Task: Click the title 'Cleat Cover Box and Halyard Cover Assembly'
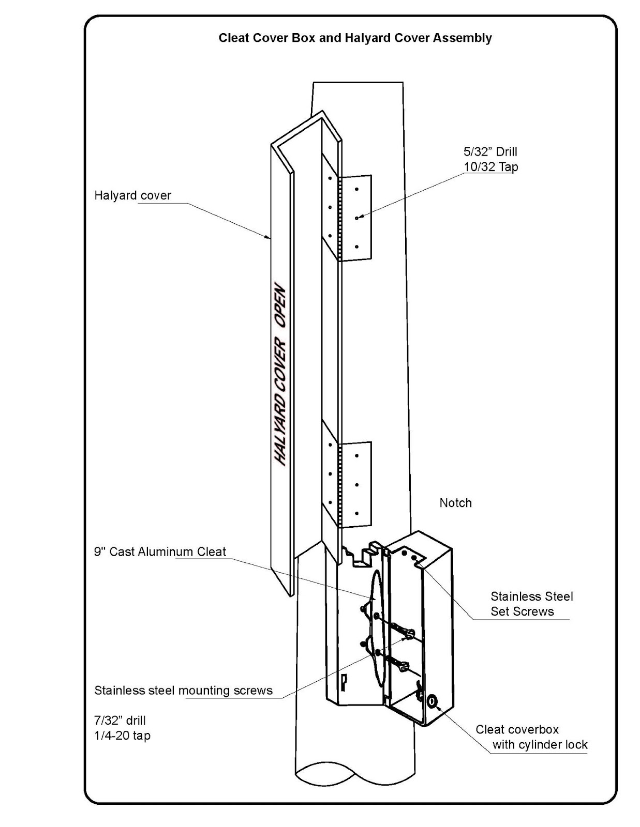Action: pyautogui.click(x=355, y=38)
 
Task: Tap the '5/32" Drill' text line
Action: pyautogui.click(x=490, y=152)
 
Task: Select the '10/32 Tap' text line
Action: pyautogui.click(x=490, y=167)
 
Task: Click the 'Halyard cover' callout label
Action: pyautogui.click(x=132, y=195)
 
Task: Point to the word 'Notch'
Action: pyautogui.click(x=456, y=503)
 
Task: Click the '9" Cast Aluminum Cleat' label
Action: pyautogui.click(x=160, y=552)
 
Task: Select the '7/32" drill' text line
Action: pyautogui.click(x=120, y=721)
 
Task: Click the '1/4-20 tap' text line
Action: pyautogui.click(x=122, y=736)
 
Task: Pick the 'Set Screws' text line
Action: pyautogui.click(x=522, y=611)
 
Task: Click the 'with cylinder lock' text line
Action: pyautogui.click(x=540, y=744)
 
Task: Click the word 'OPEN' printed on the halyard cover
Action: pyautogui.click(x=281, y=307)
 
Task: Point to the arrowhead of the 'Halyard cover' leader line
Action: pyautogui.click(x=267, y=237)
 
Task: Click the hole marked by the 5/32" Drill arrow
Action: pyautogui.click(x=356, y=218)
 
